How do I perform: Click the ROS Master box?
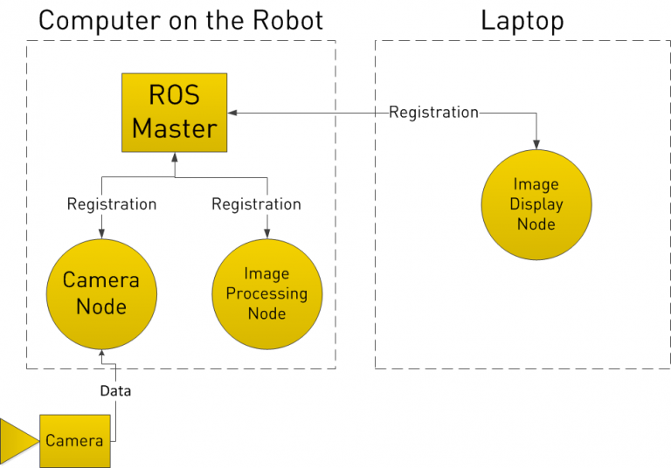(x=174, y=113)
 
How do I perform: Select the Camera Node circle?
(x=101, y=293)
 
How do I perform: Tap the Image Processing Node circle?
(x=266, y=293)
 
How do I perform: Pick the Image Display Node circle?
(x=536, y=204)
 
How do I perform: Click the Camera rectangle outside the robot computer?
(x=74, y=440)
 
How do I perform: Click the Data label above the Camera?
(x=115, y=391)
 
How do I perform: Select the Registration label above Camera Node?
(x=112, y=204)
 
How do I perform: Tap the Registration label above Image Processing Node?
(x=256, y=204)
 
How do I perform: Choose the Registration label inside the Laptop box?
(x=433, y=113)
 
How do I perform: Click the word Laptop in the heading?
(x=522, y=20)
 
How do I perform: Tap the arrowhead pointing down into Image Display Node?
(x=536, y=145)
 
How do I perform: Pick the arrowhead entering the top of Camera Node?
(x=101, y=233)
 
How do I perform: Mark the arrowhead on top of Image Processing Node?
(x=266, y=233)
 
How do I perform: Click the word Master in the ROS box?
(x=174, y=129)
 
